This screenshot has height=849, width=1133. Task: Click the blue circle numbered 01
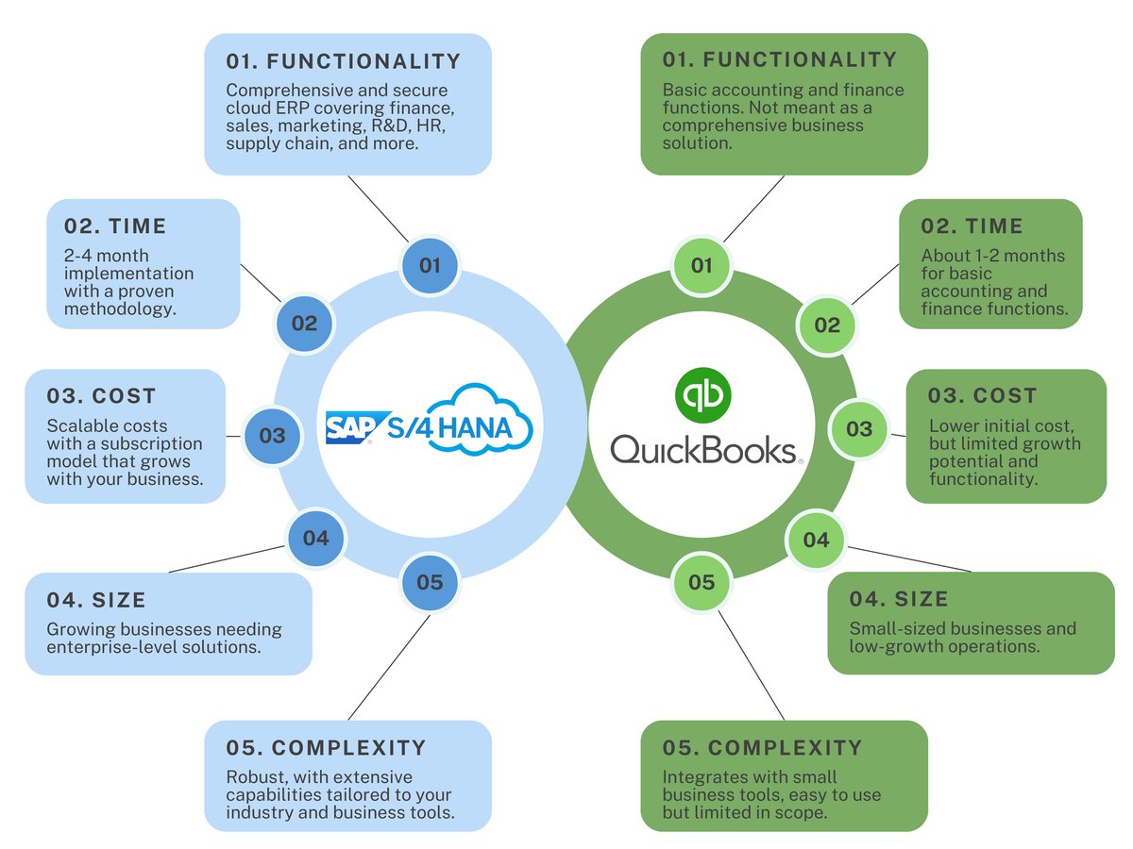[x=430, y=265]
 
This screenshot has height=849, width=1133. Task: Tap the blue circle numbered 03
[x=272, y=436]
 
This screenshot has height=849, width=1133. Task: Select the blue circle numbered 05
[x=430, y=582]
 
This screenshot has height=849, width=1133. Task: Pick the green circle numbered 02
[x=827, y=325]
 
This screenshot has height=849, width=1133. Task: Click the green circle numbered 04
[x=816, y=540]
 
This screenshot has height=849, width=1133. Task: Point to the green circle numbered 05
[x=702, y=582]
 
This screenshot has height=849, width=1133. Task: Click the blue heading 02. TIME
[x=115, y=226]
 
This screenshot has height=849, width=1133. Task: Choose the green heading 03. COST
[x=983, y=396]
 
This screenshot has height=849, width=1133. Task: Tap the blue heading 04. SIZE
[x=96, y=600]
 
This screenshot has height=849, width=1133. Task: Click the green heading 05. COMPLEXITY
[x=763, y=748]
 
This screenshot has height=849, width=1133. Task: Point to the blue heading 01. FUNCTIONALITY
[x=344, y=62]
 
